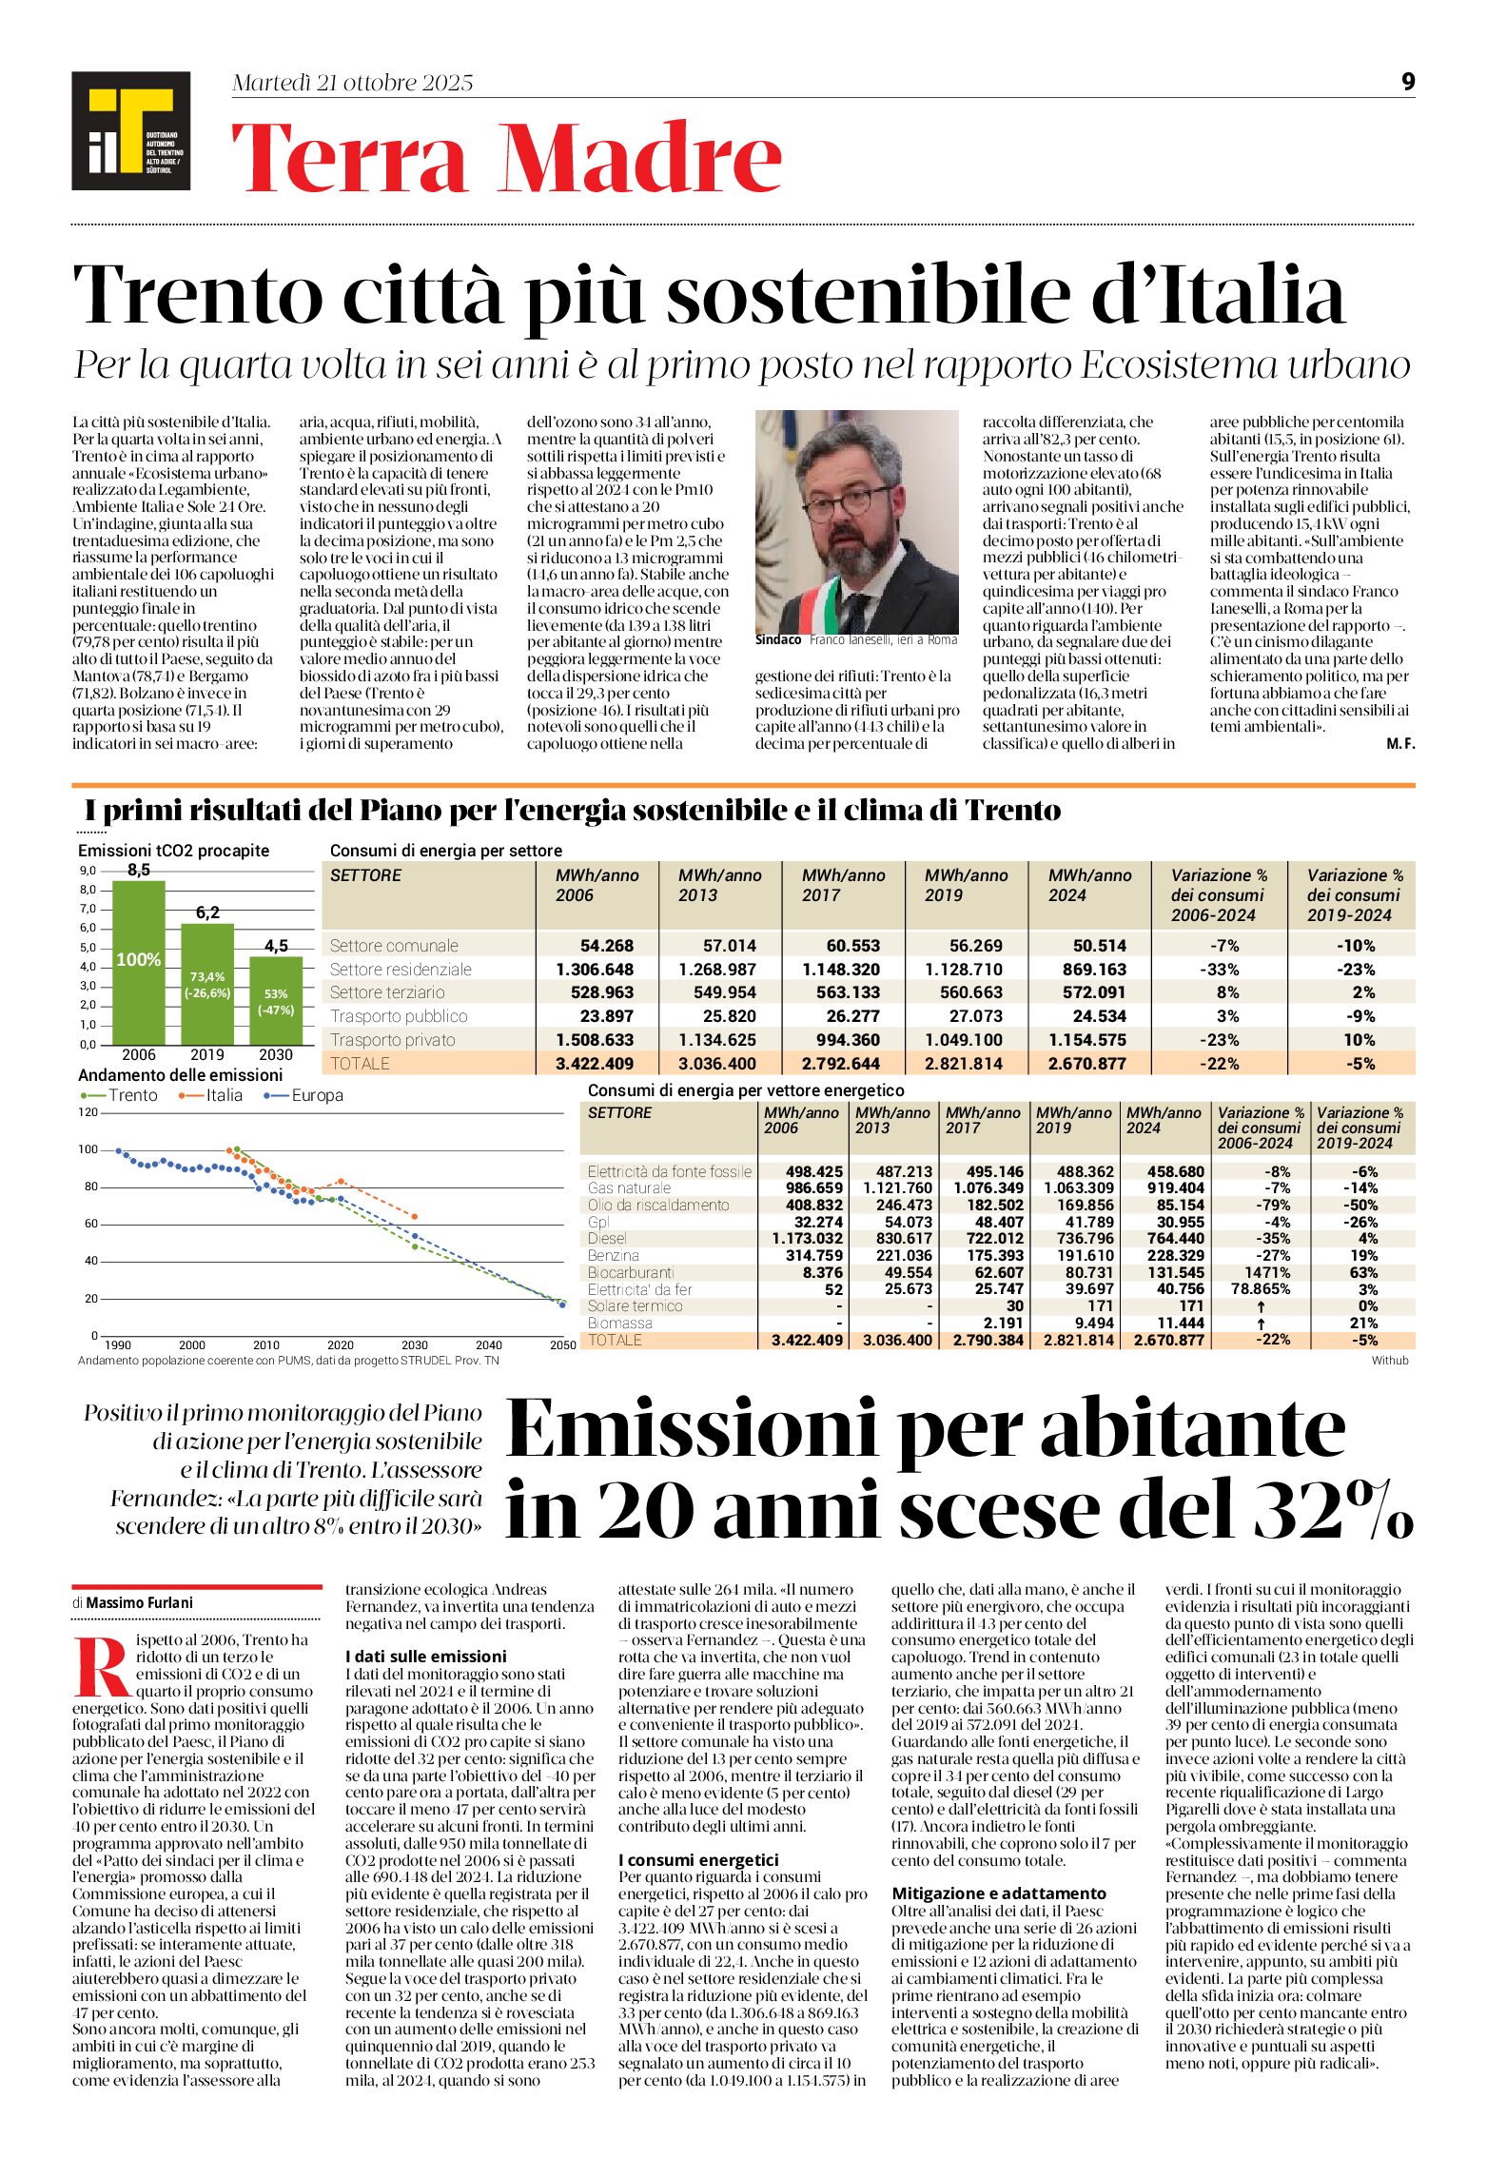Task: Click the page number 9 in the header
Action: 1408,82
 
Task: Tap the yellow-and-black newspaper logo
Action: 130,130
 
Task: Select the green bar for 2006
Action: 139,961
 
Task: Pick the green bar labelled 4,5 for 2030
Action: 276,999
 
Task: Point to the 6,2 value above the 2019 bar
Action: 207,912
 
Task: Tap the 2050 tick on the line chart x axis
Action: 562,1344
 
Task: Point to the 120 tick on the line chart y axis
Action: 88,1112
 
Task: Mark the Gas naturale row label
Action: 629,1188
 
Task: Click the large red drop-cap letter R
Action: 101,1665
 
